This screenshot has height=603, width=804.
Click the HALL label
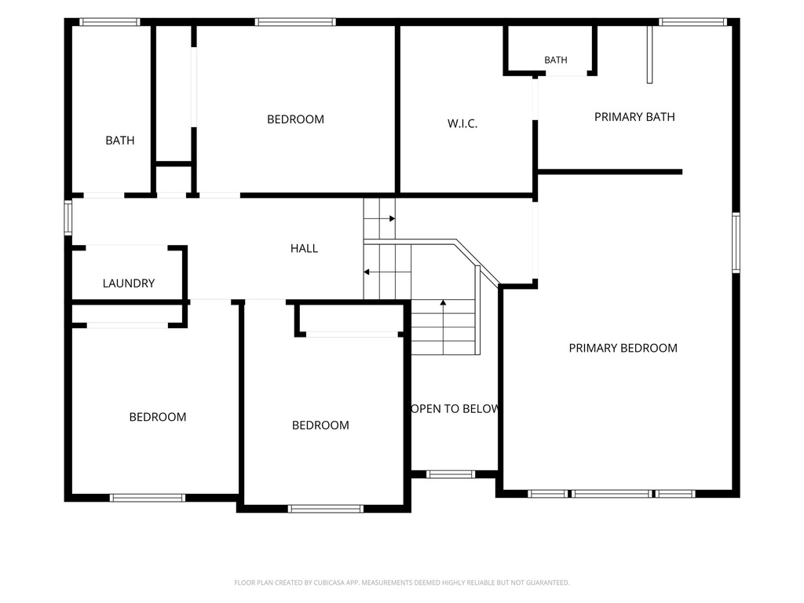click(x=304, y=249)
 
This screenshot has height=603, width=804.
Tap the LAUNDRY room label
click(x=129, y=283)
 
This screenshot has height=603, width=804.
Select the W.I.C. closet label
click(x=462, y=123)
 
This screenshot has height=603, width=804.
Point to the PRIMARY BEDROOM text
click(x=623, y=348)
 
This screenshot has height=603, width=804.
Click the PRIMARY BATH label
click(x=634, y=117)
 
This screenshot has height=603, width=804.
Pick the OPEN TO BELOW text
click(x=455, y=408)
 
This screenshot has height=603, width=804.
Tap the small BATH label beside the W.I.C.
click(x=556, y=60)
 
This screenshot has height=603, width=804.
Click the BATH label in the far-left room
click(x=120, y=141)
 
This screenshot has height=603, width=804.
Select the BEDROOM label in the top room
click(x=295, y=119)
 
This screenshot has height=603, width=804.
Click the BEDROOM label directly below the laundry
click(x=157, y=417)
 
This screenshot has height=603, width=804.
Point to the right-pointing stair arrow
click(x=379, y=218)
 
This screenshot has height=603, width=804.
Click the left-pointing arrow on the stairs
click(x=387, y=272)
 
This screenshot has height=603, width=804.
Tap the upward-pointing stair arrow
click(x=443, y=327)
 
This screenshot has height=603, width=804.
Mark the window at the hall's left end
click(x=68, y=217)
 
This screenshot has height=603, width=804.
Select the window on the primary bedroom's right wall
click(x=736, y=242)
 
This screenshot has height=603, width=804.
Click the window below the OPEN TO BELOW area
click(x=451, y=474)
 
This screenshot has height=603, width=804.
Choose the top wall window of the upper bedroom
click(x=295, y=22)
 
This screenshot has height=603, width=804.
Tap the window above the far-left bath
click(x=109, y=22)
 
